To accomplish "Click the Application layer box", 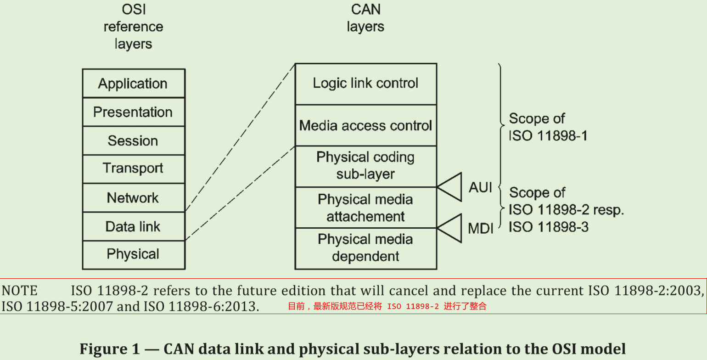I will click(x=133, y=84).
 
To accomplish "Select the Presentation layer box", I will click(x=133, y=112).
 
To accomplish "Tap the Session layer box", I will click(x=133, y=141).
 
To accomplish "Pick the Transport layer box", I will click(x=133, y=169).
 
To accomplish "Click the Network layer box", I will click(x=133, y=198).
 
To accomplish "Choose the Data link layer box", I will click(x=133, y=226).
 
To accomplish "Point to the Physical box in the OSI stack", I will click(x=133, y=254).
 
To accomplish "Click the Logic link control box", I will click(x=365, y=84).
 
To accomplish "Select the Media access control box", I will click(x=365, y=125).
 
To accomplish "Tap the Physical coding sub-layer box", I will click(x=365, y=166).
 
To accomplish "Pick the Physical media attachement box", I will click(x=365, y=208).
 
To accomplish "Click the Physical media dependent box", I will click(x=365, y=248).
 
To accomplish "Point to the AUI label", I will click(x=480, y=187).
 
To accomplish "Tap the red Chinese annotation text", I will click(x=387, y=306).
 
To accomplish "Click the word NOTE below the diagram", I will click(x=19, y=291).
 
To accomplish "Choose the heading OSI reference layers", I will click(x=133, y=27).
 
